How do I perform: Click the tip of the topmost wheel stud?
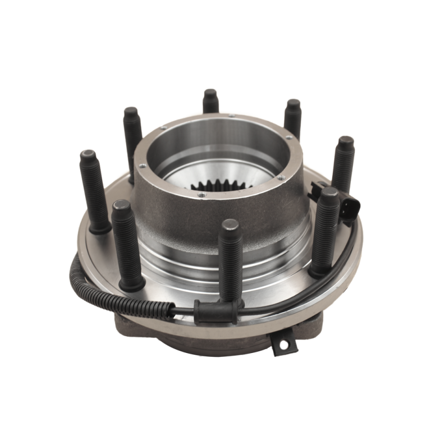pos(211,94)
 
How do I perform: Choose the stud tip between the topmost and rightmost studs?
pos(293,104)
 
